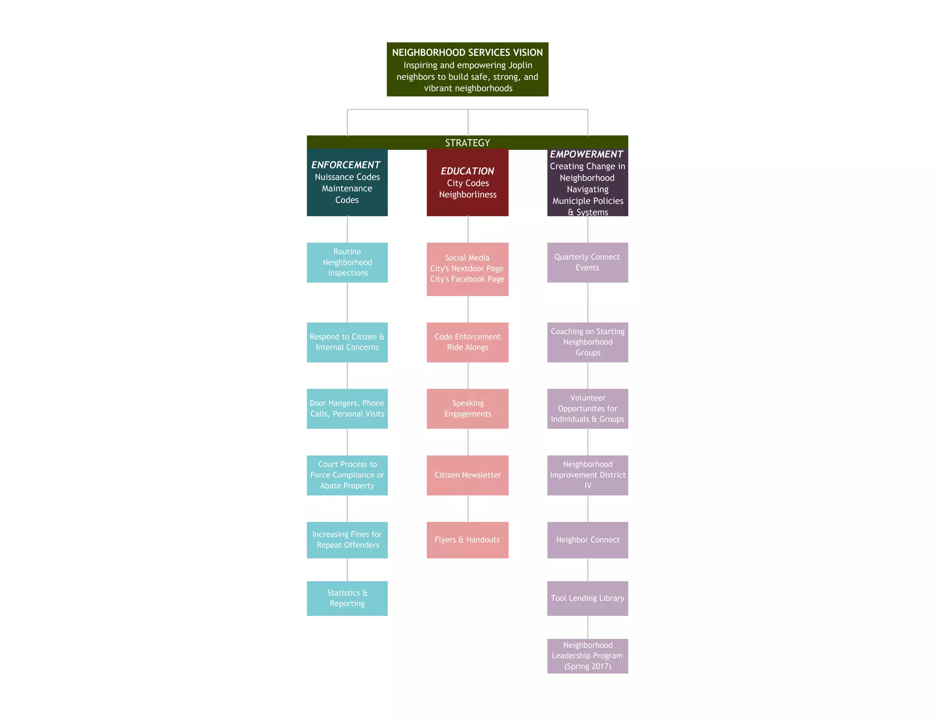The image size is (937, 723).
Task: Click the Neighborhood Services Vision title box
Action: coord(467,69)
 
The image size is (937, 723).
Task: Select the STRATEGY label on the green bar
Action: coord(467,143)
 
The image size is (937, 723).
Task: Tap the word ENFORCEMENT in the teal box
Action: coord(345,165)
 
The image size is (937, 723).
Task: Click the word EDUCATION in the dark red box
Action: coord(467,171)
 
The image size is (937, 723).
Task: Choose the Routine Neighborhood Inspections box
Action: coord(347,262)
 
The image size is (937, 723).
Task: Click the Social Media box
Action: coord(467,269)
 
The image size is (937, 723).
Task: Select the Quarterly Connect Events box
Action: coord(587,262)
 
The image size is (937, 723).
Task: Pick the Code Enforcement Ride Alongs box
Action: coord(467,342)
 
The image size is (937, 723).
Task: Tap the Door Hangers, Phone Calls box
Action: coord(347,409)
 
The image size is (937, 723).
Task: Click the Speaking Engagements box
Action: coord(467,409)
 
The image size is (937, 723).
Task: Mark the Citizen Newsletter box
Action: coord(467,475)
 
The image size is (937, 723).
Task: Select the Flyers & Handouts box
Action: coord(467,540)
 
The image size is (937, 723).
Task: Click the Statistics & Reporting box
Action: coord(347,598)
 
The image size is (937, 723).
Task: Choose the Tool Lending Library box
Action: coord(587,598)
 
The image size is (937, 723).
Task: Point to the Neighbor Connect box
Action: coord(587,540)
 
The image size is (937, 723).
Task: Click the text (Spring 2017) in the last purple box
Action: coord(587,666)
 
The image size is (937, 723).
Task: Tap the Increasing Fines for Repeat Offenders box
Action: coord(347,540)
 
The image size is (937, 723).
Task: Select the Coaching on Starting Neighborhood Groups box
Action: coord(587,342)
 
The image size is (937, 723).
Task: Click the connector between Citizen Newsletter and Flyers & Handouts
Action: coord(468,509)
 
